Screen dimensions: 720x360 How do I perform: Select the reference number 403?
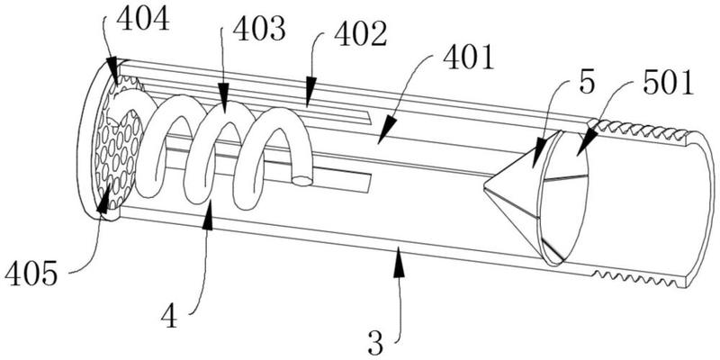[x=259, y=29]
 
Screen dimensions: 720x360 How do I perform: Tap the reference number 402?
[x=361, y=34]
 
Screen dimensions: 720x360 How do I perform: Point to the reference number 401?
[x=468, y=57]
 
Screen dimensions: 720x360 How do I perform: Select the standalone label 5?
[x=587, y=84]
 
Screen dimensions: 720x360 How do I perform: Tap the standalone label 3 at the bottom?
[x=376, y=344]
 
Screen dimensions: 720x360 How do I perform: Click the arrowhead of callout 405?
[x=103, y=201]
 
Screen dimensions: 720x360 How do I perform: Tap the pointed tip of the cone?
[x=484, y=187]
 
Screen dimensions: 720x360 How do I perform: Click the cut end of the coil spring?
[x=302, y=182]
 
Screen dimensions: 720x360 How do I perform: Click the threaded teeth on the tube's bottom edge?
[x=635, y=278]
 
